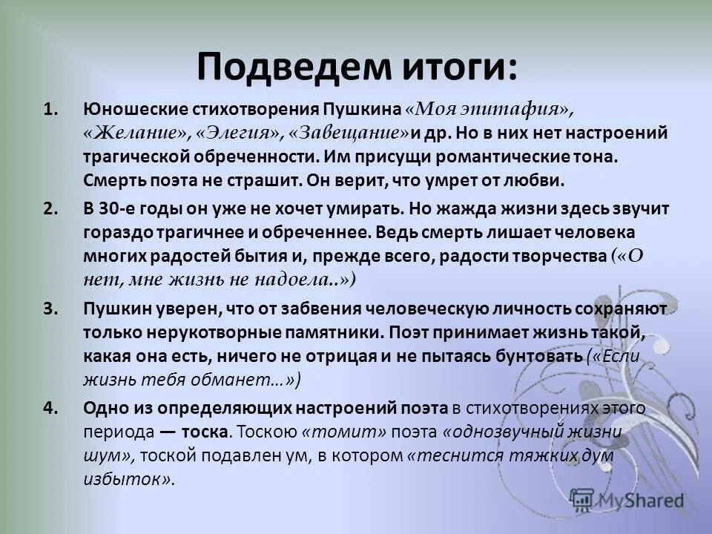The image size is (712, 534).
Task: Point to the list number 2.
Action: tap(50, 208)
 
